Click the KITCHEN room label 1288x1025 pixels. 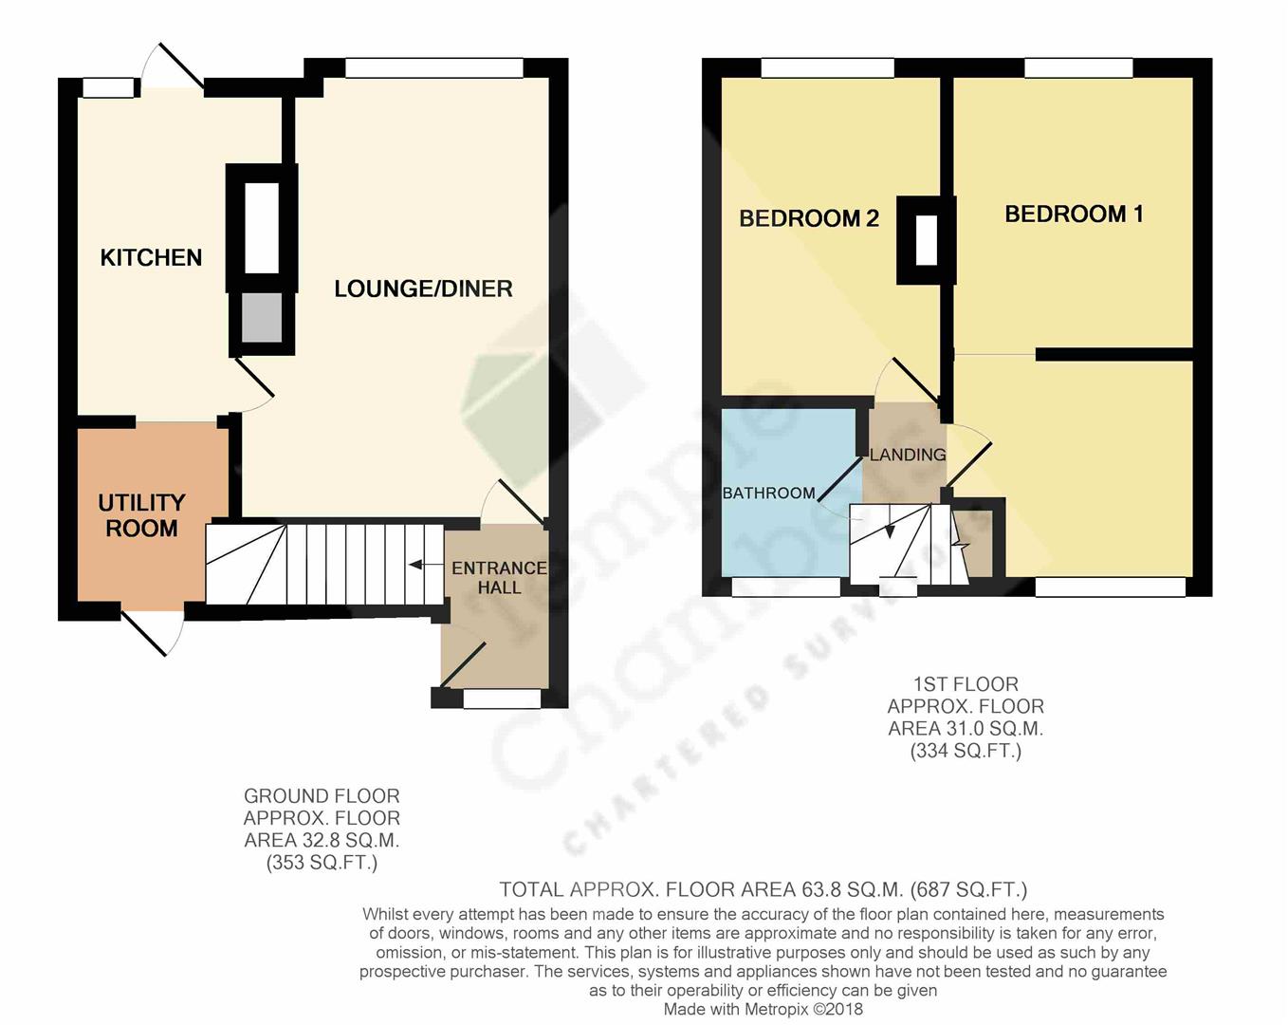(x=151, y=258)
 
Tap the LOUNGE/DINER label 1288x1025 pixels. (x=423, y=289)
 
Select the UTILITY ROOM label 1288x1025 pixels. (x=141, y=515)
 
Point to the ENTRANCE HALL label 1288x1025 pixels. (x=499, y=577)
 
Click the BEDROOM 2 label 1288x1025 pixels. (x=809, y=219)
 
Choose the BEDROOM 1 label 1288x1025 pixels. (x=1074, y=214)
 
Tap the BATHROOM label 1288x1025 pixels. (x=768, y=494)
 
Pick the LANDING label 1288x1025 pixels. (x=908, y=455)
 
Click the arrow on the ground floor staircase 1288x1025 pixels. (x=415, y=566)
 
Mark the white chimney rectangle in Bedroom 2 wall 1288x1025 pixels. (x=927, y=240)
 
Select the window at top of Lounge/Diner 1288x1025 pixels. (x=434, y=68)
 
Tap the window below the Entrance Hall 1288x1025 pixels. (x=502, y=699)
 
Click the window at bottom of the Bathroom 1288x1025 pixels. (x=785, y=587)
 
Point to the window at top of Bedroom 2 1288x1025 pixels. (x=827, y=68)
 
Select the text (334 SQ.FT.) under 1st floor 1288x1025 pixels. (x=966, y=752)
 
